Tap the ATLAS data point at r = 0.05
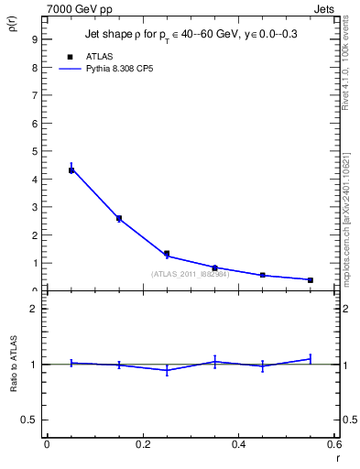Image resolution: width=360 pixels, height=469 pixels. point(71,170)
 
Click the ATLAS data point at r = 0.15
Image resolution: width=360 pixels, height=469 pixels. point(119,218)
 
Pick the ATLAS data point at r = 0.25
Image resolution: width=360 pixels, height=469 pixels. point(167,254)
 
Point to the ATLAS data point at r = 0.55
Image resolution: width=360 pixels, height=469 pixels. point(311,279)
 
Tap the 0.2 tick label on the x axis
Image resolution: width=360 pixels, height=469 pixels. point(142,443)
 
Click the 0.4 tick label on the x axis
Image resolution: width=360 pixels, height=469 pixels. point(238,443)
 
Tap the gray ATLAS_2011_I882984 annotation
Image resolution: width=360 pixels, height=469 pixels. point(190,274)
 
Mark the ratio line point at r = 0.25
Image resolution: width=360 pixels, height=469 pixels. point(167,370)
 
